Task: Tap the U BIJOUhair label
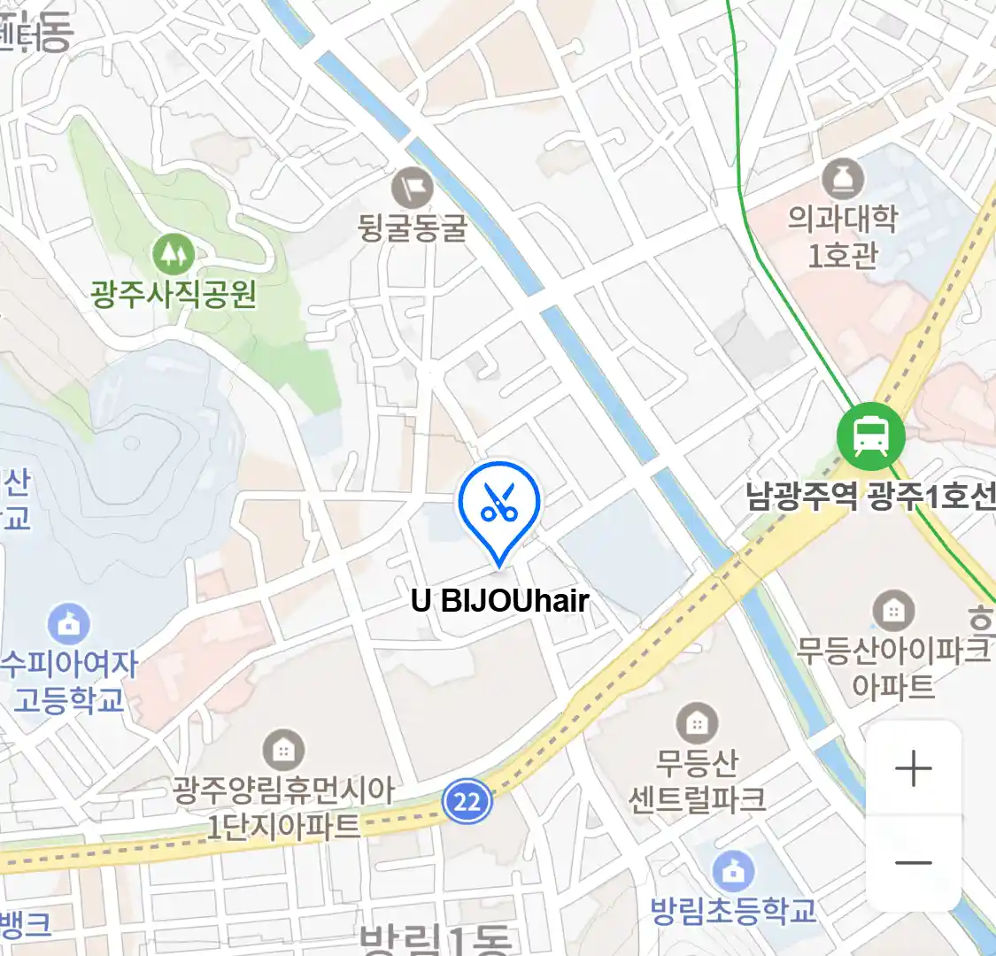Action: [x=500, y=601]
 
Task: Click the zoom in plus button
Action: [x=913, y=768]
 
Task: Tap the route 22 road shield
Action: [x=467, y=802]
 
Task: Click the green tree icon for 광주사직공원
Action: [x=174, y=255]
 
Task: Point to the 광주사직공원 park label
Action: [x=174, y=293]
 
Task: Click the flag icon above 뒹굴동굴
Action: [x=413, y=188]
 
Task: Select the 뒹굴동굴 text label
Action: [x=413, y=227]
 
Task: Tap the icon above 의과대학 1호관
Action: [x=843, y=179]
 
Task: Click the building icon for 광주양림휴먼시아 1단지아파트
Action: [x=283, y=752]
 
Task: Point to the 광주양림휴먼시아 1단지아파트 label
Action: [x=283, y=808]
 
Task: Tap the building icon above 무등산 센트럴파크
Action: [x=697, y=723]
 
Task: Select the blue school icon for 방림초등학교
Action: [x=733, y=872]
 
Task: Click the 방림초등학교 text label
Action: [x=733, y=911]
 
